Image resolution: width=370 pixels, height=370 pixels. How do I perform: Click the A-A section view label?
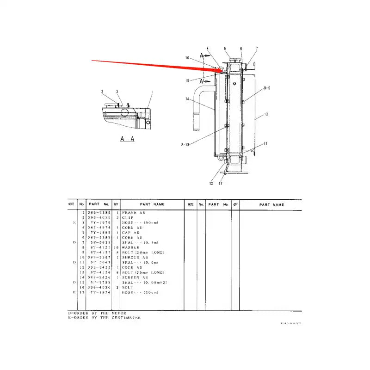coord(127,139)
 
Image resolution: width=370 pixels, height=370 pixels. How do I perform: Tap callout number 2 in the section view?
coord(103,92)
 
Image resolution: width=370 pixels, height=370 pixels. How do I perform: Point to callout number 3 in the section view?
coord(117,92)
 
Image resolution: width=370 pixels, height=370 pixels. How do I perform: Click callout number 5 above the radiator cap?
coord(225,49)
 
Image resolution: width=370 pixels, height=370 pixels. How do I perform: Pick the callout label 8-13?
coord(185,144)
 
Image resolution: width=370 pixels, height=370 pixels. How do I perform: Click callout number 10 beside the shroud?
coord(266,114)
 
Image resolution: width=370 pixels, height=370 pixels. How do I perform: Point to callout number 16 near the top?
coord(187,58)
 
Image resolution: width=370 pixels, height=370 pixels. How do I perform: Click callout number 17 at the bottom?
coord(221,184)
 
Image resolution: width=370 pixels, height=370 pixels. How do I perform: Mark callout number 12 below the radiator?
coord(211,184)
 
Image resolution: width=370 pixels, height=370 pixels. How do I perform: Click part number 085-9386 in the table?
coord(99,212)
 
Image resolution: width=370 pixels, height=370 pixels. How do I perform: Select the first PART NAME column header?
coord(153,204)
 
